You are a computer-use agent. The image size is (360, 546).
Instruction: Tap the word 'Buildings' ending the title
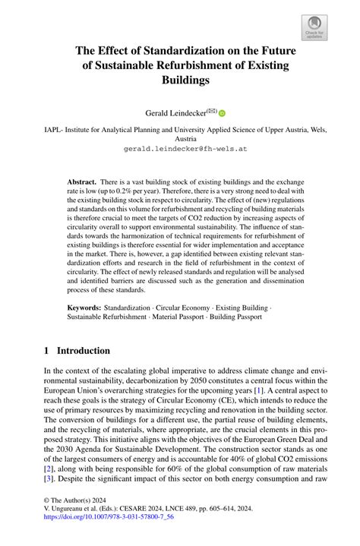[180, 79]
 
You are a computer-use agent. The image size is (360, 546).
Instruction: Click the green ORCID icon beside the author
[223, 113]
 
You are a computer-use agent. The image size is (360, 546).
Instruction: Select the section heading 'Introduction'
[84, 351]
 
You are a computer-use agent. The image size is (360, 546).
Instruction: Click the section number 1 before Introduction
[46, 351]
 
